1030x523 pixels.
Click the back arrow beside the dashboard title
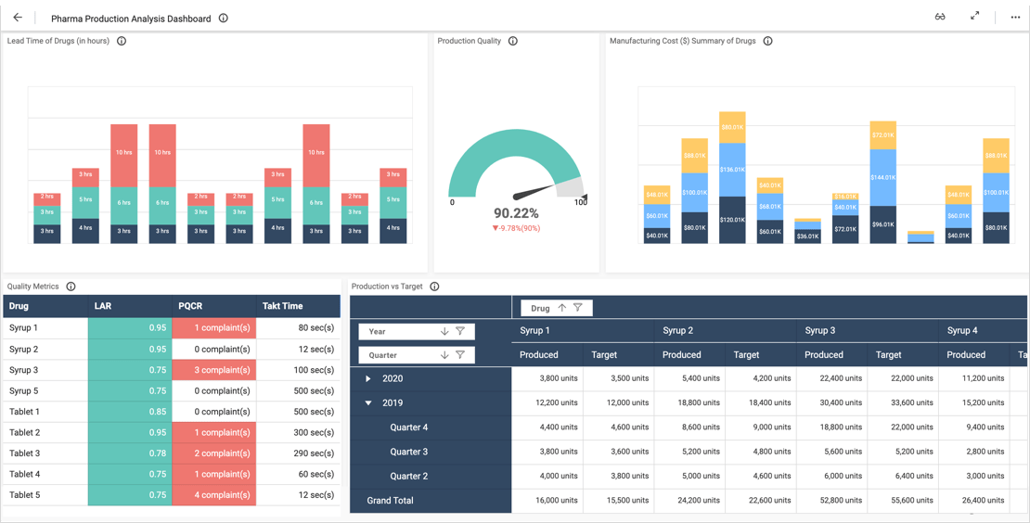[18, 18]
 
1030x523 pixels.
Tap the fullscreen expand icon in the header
[974, 17]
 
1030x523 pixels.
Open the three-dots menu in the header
[1015, 18]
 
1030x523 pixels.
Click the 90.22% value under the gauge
[516, 213]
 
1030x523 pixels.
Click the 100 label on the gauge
[581, 202]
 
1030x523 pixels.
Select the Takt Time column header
[282, 306]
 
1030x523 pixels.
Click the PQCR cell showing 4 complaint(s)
[213, 495]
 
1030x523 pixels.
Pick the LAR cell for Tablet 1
[130, 412]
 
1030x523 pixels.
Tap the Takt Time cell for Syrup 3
[298, 370]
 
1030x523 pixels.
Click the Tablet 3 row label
[25, 453]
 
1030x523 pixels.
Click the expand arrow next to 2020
[368, 379]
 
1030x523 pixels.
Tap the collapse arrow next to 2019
[368, 403]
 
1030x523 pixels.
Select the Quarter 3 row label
[408, 452]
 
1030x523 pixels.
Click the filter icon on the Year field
[460, 331]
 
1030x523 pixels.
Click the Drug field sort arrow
[561, 308]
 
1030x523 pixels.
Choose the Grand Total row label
[390, 501]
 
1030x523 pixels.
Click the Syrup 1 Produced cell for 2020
[547, 378]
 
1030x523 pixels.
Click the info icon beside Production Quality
[513, 41]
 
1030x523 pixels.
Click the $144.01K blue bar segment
[882, 177]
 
